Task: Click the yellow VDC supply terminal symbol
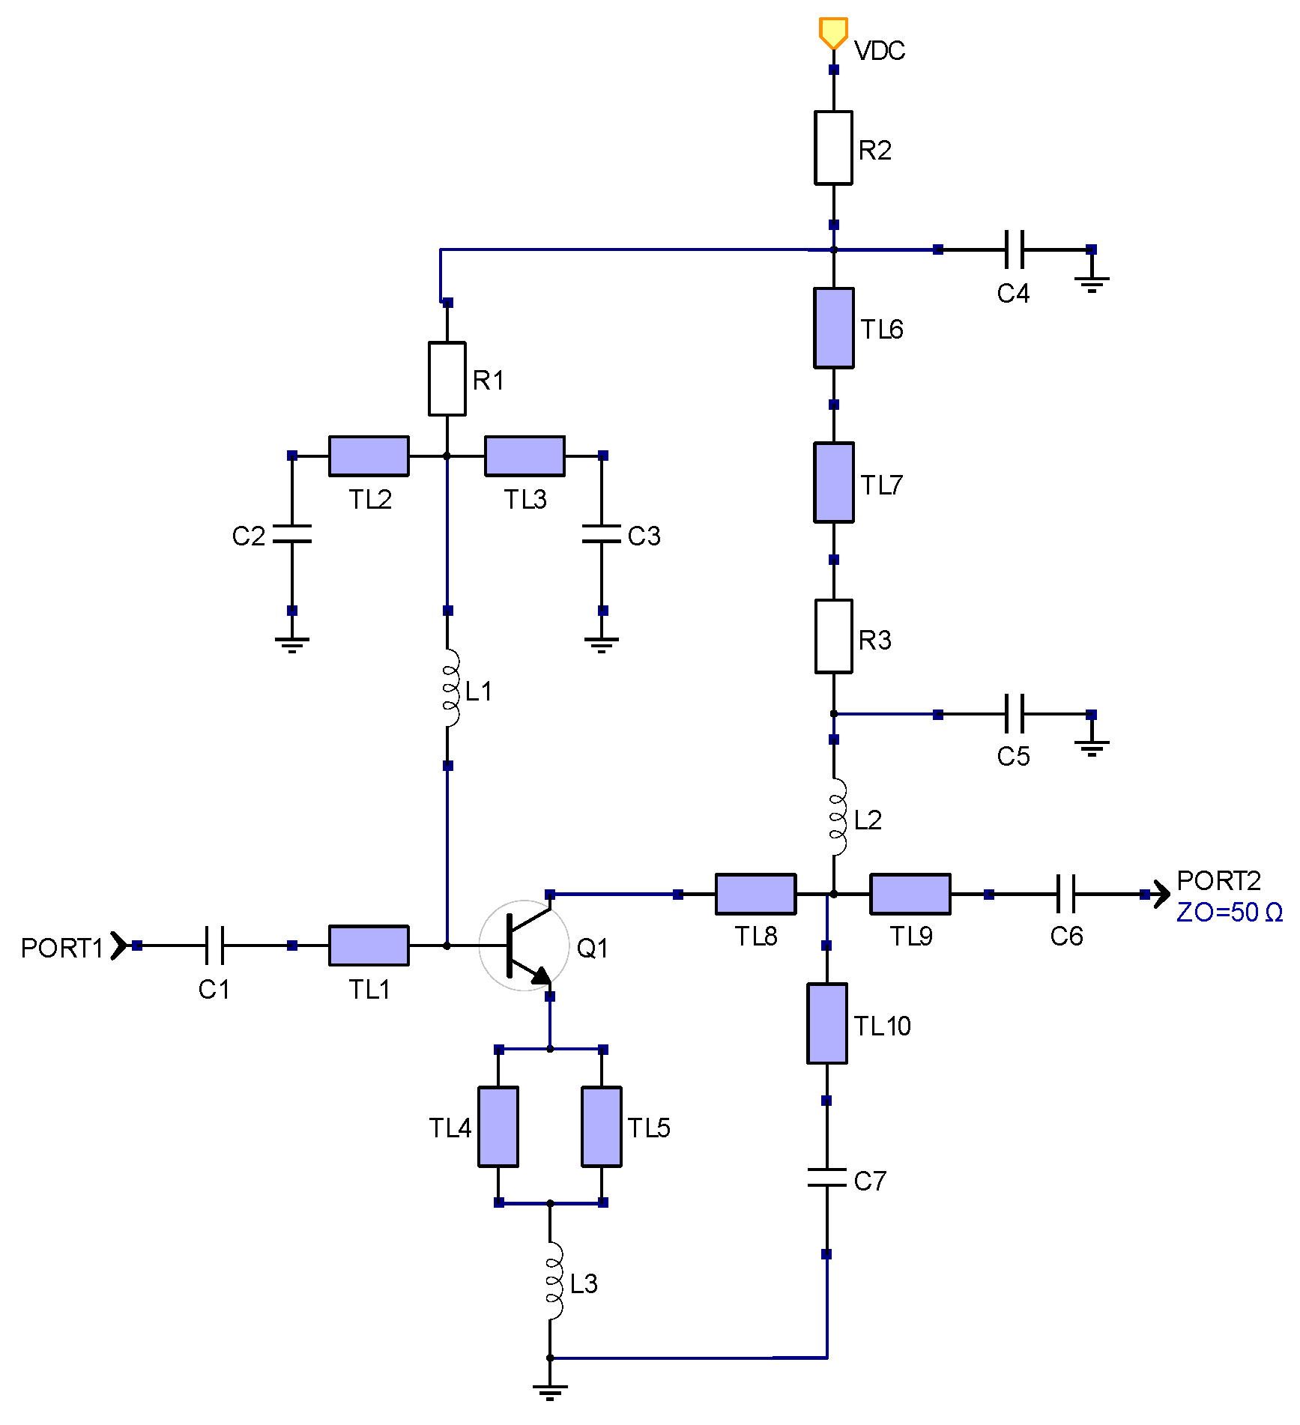(832, 32)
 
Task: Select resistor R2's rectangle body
(833, 148)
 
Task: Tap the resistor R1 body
(447, 378)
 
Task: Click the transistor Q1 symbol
(524, 946)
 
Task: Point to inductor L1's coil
(450, 689)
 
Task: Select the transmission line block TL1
(369, 946)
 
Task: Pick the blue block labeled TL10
(826, 1023)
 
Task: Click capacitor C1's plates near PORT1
(214, 946)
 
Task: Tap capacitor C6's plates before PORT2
(1065, 894)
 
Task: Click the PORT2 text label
(1218, 880)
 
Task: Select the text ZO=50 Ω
(1229, 913)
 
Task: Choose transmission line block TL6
(833, 328)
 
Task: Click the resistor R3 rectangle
(833, 636)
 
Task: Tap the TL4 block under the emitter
(498, 1127)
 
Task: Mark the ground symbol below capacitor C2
(292, 644)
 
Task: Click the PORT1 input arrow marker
(118, 946)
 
